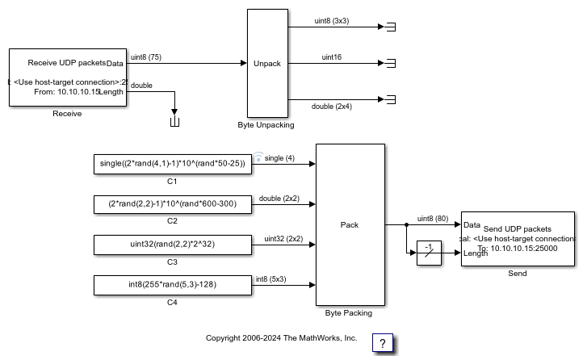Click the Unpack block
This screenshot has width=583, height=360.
coord(267,63)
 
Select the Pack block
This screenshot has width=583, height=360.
coord(350,224)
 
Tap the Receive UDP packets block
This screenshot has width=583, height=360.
coord(67,77)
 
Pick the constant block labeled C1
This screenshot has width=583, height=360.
coord(172,164)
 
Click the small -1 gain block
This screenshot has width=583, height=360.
coord(429,254)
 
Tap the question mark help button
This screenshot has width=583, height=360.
coord(382,343)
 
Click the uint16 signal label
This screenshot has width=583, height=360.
coord(332,57)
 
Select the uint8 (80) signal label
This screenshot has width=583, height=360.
coord(433,218)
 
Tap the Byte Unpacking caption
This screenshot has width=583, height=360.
coord(266,125)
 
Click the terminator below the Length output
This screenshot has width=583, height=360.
coord(174,122)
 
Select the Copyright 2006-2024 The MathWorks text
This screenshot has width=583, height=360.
coord(281,338)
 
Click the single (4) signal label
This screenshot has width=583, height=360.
coord(279,158)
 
